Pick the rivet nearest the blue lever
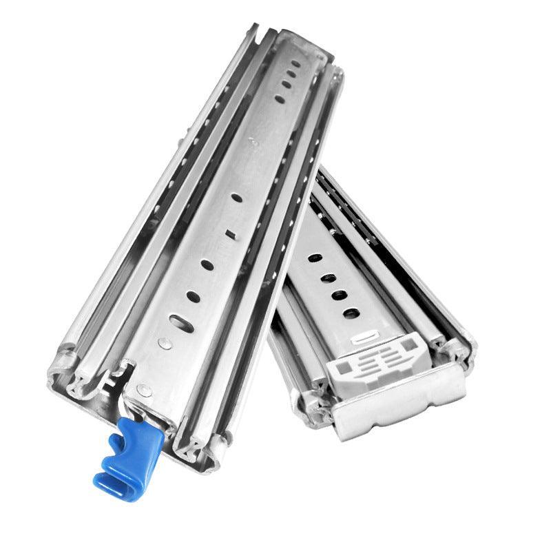145,391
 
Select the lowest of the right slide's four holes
351,313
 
